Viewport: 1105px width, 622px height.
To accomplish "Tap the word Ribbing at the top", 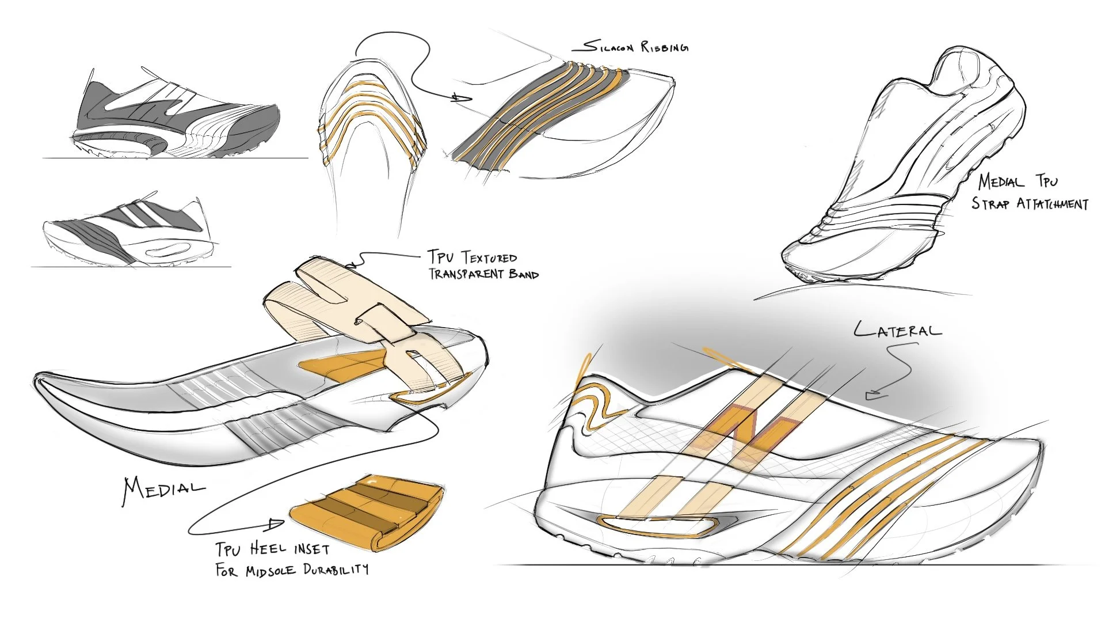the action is (x=665, y=47).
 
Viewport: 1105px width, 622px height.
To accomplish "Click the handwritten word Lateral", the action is (x=898, y=331).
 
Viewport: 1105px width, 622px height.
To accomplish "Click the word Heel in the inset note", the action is (x=268, y=548).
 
